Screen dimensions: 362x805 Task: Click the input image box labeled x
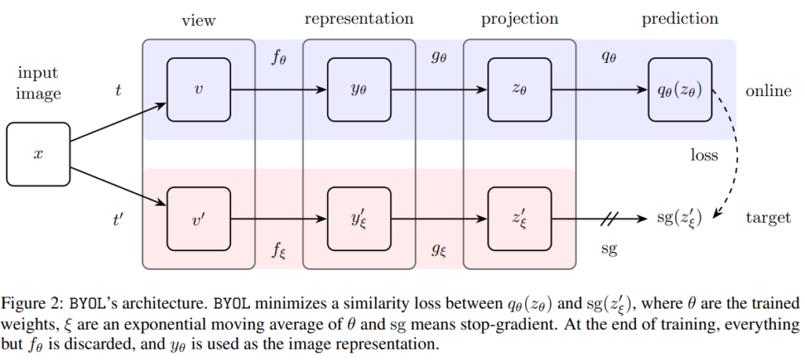point(37,153)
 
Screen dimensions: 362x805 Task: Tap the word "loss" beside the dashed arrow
point(704,155)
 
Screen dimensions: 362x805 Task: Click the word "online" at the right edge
point(768,91)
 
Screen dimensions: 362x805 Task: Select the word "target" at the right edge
point(768,218)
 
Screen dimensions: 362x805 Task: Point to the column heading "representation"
point(358,18)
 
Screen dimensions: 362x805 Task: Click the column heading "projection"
point(517,18)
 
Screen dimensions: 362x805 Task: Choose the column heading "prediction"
point(678,18)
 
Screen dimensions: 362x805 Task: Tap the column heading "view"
point(197,18)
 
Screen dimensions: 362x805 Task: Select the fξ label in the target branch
point(278,250)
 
